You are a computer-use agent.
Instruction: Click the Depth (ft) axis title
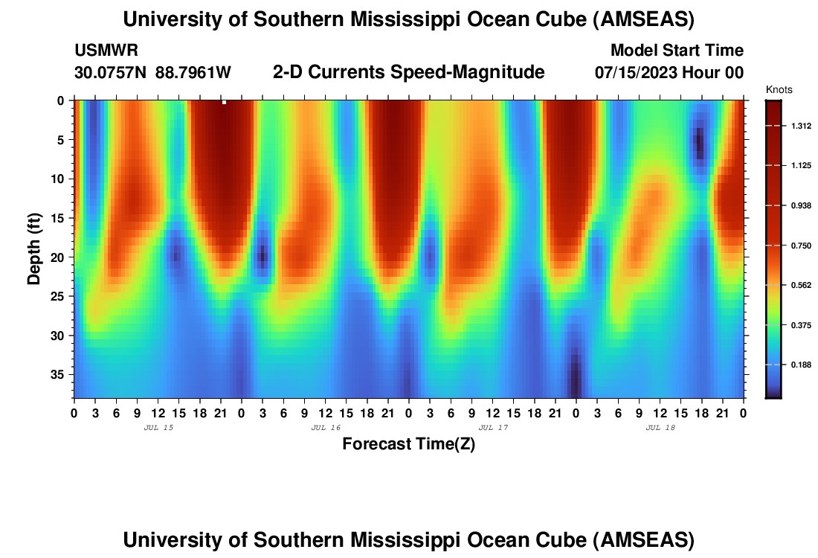[34, 248]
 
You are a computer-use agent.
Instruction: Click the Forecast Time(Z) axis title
[408, 444]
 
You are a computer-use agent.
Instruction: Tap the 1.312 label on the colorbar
[801, 126]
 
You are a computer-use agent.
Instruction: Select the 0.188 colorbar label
[801, 365]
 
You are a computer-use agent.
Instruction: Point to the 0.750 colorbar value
[801, 246]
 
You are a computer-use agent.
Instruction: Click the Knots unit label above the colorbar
[779, 90]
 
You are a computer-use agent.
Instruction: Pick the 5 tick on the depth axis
[62, 139]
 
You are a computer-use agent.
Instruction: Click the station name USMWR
[106, 51]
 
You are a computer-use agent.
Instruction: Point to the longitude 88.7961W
[193, 73]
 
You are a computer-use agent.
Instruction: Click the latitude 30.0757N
[111, 73]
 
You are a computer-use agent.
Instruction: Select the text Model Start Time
[677, 51]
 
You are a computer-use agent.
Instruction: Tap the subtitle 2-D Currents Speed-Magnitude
[408, 72]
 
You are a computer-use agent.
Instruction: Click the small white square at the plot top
[224, 102]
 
